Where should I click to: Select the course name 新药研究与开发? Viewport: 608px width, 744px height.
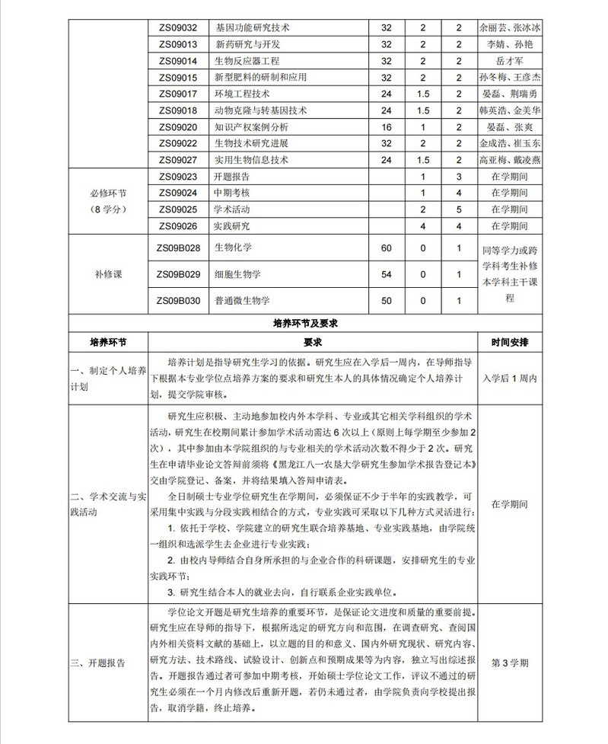click(x=247, y=44)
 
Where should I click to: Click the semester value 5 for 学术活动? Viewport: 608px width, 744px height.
click(x=459, y=209)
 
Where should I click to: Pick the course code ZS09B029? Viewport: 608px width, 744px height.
click(x=178, y=274)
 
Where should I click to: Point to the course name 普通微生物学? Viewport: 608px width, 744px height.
click(x=242, y=301)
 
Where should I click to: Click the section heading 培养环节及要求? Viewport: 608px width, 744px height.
click(x=304, y=323)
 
